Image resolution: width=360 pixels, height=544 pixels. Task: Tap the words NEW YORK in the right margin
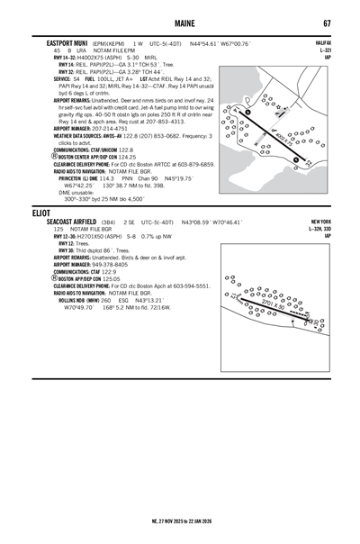click(x=320, y=222)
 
